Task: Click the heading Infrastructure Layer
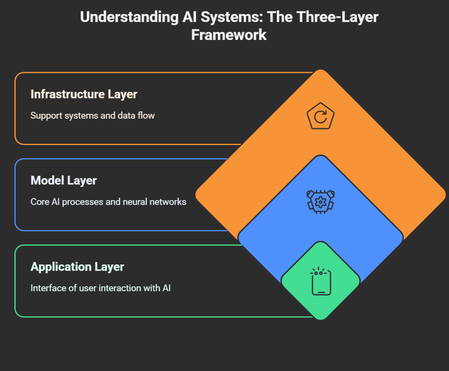(84, 94)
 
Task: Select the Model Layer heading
(64, 180)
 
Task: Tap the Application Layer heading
(77, 267)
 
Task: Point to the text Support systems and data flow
(92, 116)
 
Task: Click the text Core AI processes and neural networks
(108, 202)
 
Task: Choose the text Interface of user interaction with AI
(100, 288)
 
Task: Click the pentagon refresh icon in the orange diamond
(320, 116)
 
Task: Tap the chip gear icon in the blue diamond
(320, 202)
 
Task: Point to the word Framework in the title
(229, 35)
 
